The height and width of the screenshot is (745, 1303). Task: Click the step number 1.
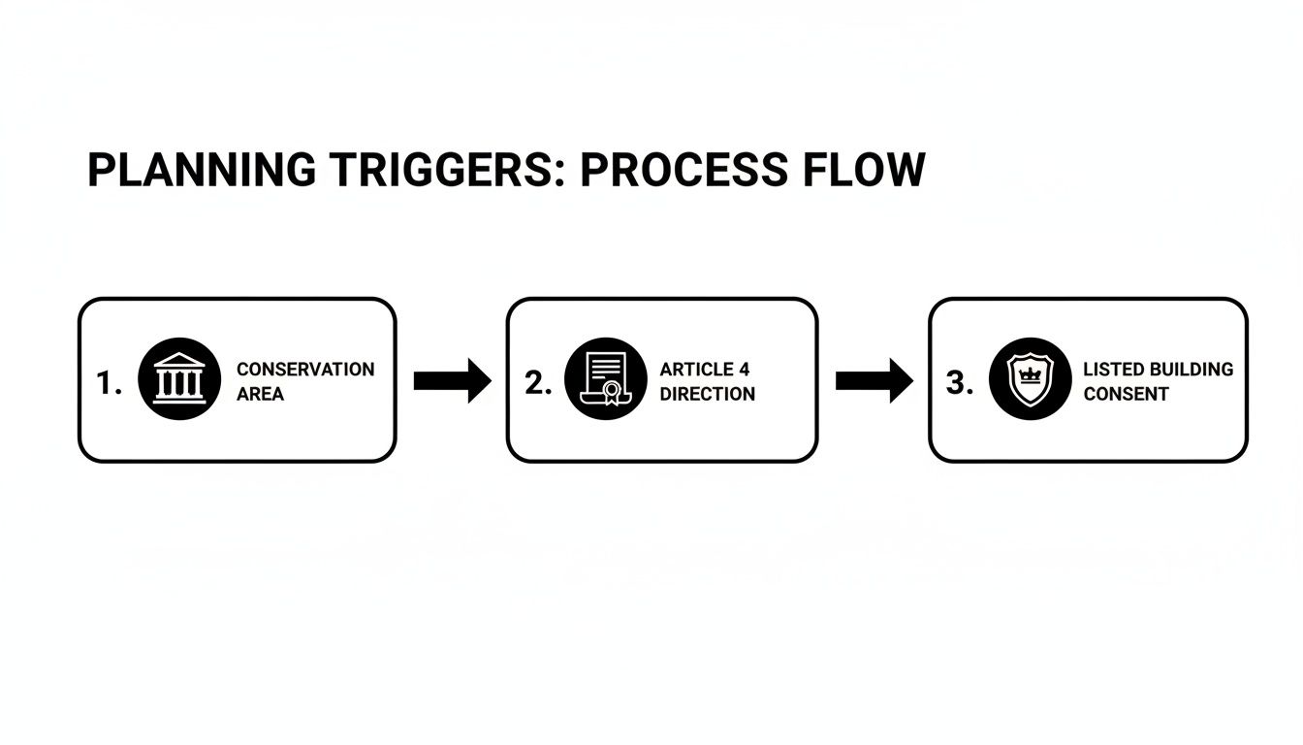point(109,384)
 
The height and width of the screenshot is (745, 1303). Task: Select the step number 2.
point(538,383)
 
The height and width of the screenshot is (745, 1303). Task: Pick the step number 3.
point(959,383)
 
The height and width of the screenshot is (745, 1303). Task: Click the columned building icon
point(179,378)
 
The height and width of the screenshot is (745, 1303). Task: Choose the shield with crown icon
point(1030,378)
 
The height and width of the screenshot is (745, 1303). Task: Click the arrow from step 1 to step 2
point(453,380)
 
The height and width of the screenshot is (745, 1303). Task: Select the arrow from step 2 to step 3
point(874,380)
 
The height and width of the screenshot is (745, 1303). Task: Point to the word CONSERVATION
point(305,370)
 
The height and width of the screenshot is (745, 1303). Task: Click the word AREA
point(260,394)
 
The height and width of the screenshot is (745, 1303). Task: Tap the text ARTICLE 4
point(705,370)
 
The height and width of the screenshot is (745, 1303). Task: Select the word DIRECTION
point(708,394)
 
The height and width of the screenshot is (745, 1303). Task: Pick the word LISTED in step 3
point(1114,370)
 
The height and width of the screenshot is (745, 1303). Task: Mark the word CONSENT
point(1126,394)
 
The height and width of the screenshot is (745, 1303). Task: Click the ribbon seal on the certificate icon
point(612,394)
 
